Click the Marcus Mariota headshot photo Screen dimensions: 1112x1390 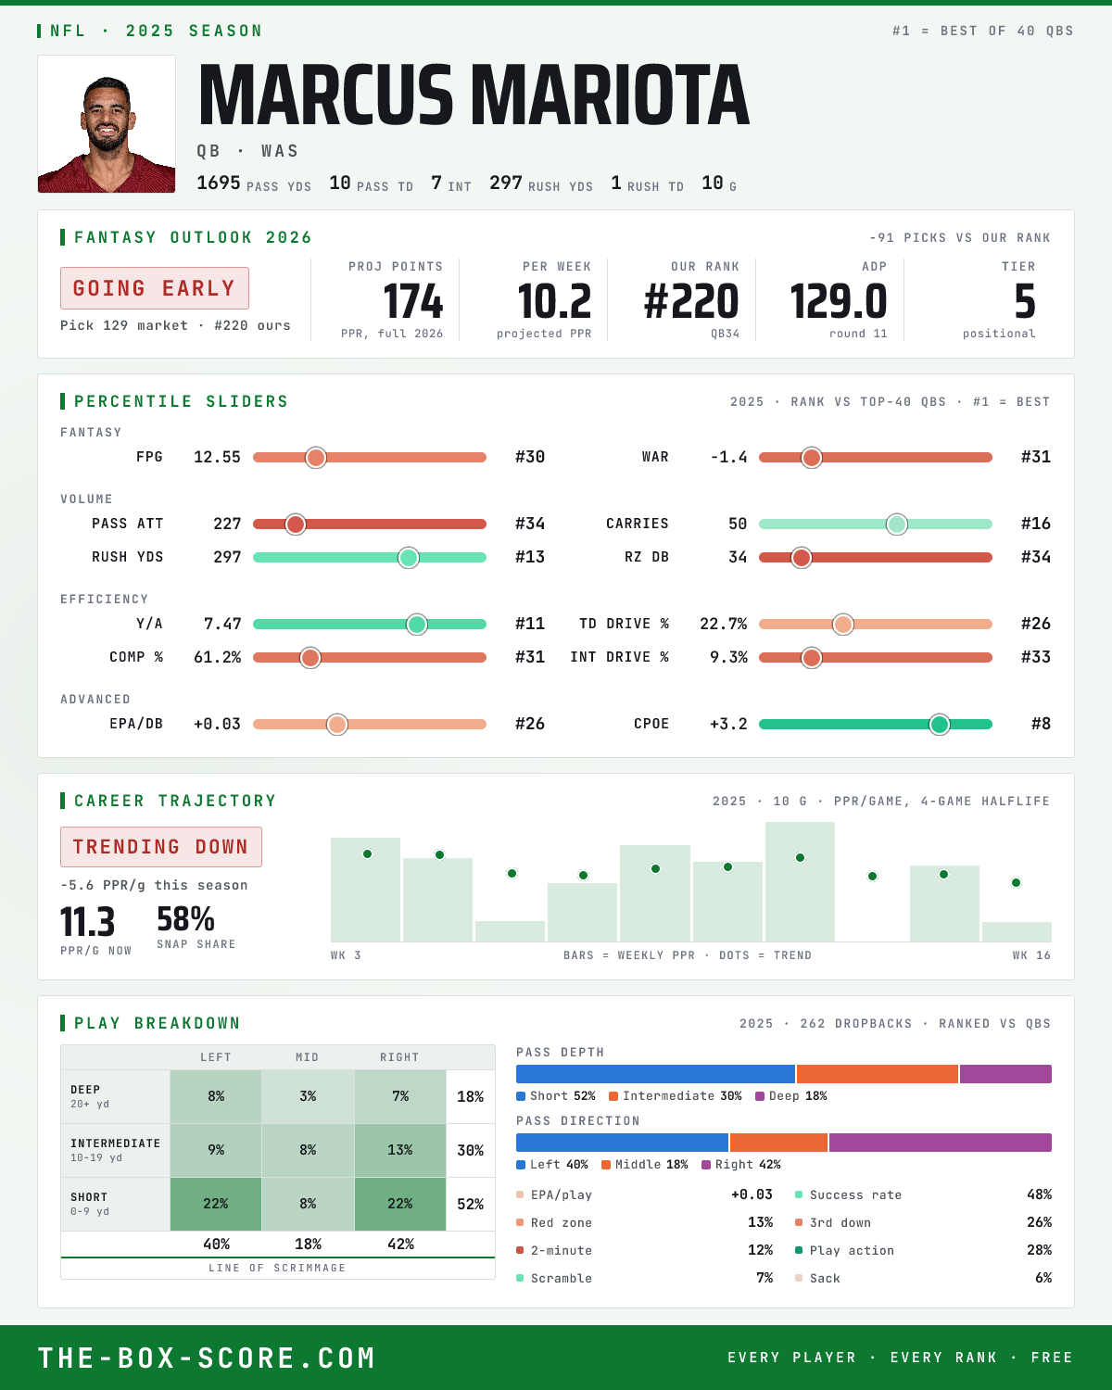[x=107, y=124]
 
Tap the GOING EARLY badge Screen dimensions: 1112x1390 [x=155, y=288]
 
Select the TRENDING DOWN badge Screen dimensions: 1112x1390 [x=161, y=847]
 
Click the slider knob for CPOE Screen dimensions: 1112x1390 [x=940, y=724]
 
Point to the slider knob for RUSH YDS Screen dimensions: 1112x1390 [x=409, y=558]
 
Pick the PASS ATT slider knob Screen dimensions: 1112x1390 [x=296, y=524]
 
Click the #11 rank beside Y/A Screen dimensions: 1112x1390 [x=530, y=624]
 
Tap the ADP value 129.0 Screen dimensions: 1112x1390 [x=838, y=302]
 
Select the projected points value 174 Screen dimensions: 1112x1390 [x=413, y=302]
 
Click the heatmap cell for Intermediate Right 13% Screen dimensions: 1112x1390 [x=400, y=1150]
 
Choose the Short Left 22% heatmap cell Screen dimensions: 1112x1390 [x=216, y=1204]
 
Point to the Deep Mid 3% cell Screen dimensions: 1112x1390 [x=309, y=1097]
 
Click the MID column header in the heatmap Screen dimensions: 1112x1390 [x=308, y=1057]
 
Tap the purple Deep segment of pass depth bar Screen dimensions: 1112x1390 [x=1006, y=1074]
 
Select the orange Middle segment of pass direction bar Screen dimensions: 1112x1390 [x=778, y=1143]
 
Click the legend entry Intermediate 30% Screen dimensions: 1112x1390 [x=676, y=1096]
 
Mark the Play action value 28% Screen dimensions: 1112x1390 [x=1039, y=1250]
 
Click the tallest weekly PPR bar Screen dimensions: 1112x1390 [x=800, y=881]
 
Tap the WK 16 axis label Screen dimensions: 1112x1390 [x=1031, y=955]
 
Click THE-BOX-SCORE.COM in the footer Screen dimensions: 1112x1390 [x=207, y=1358]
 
